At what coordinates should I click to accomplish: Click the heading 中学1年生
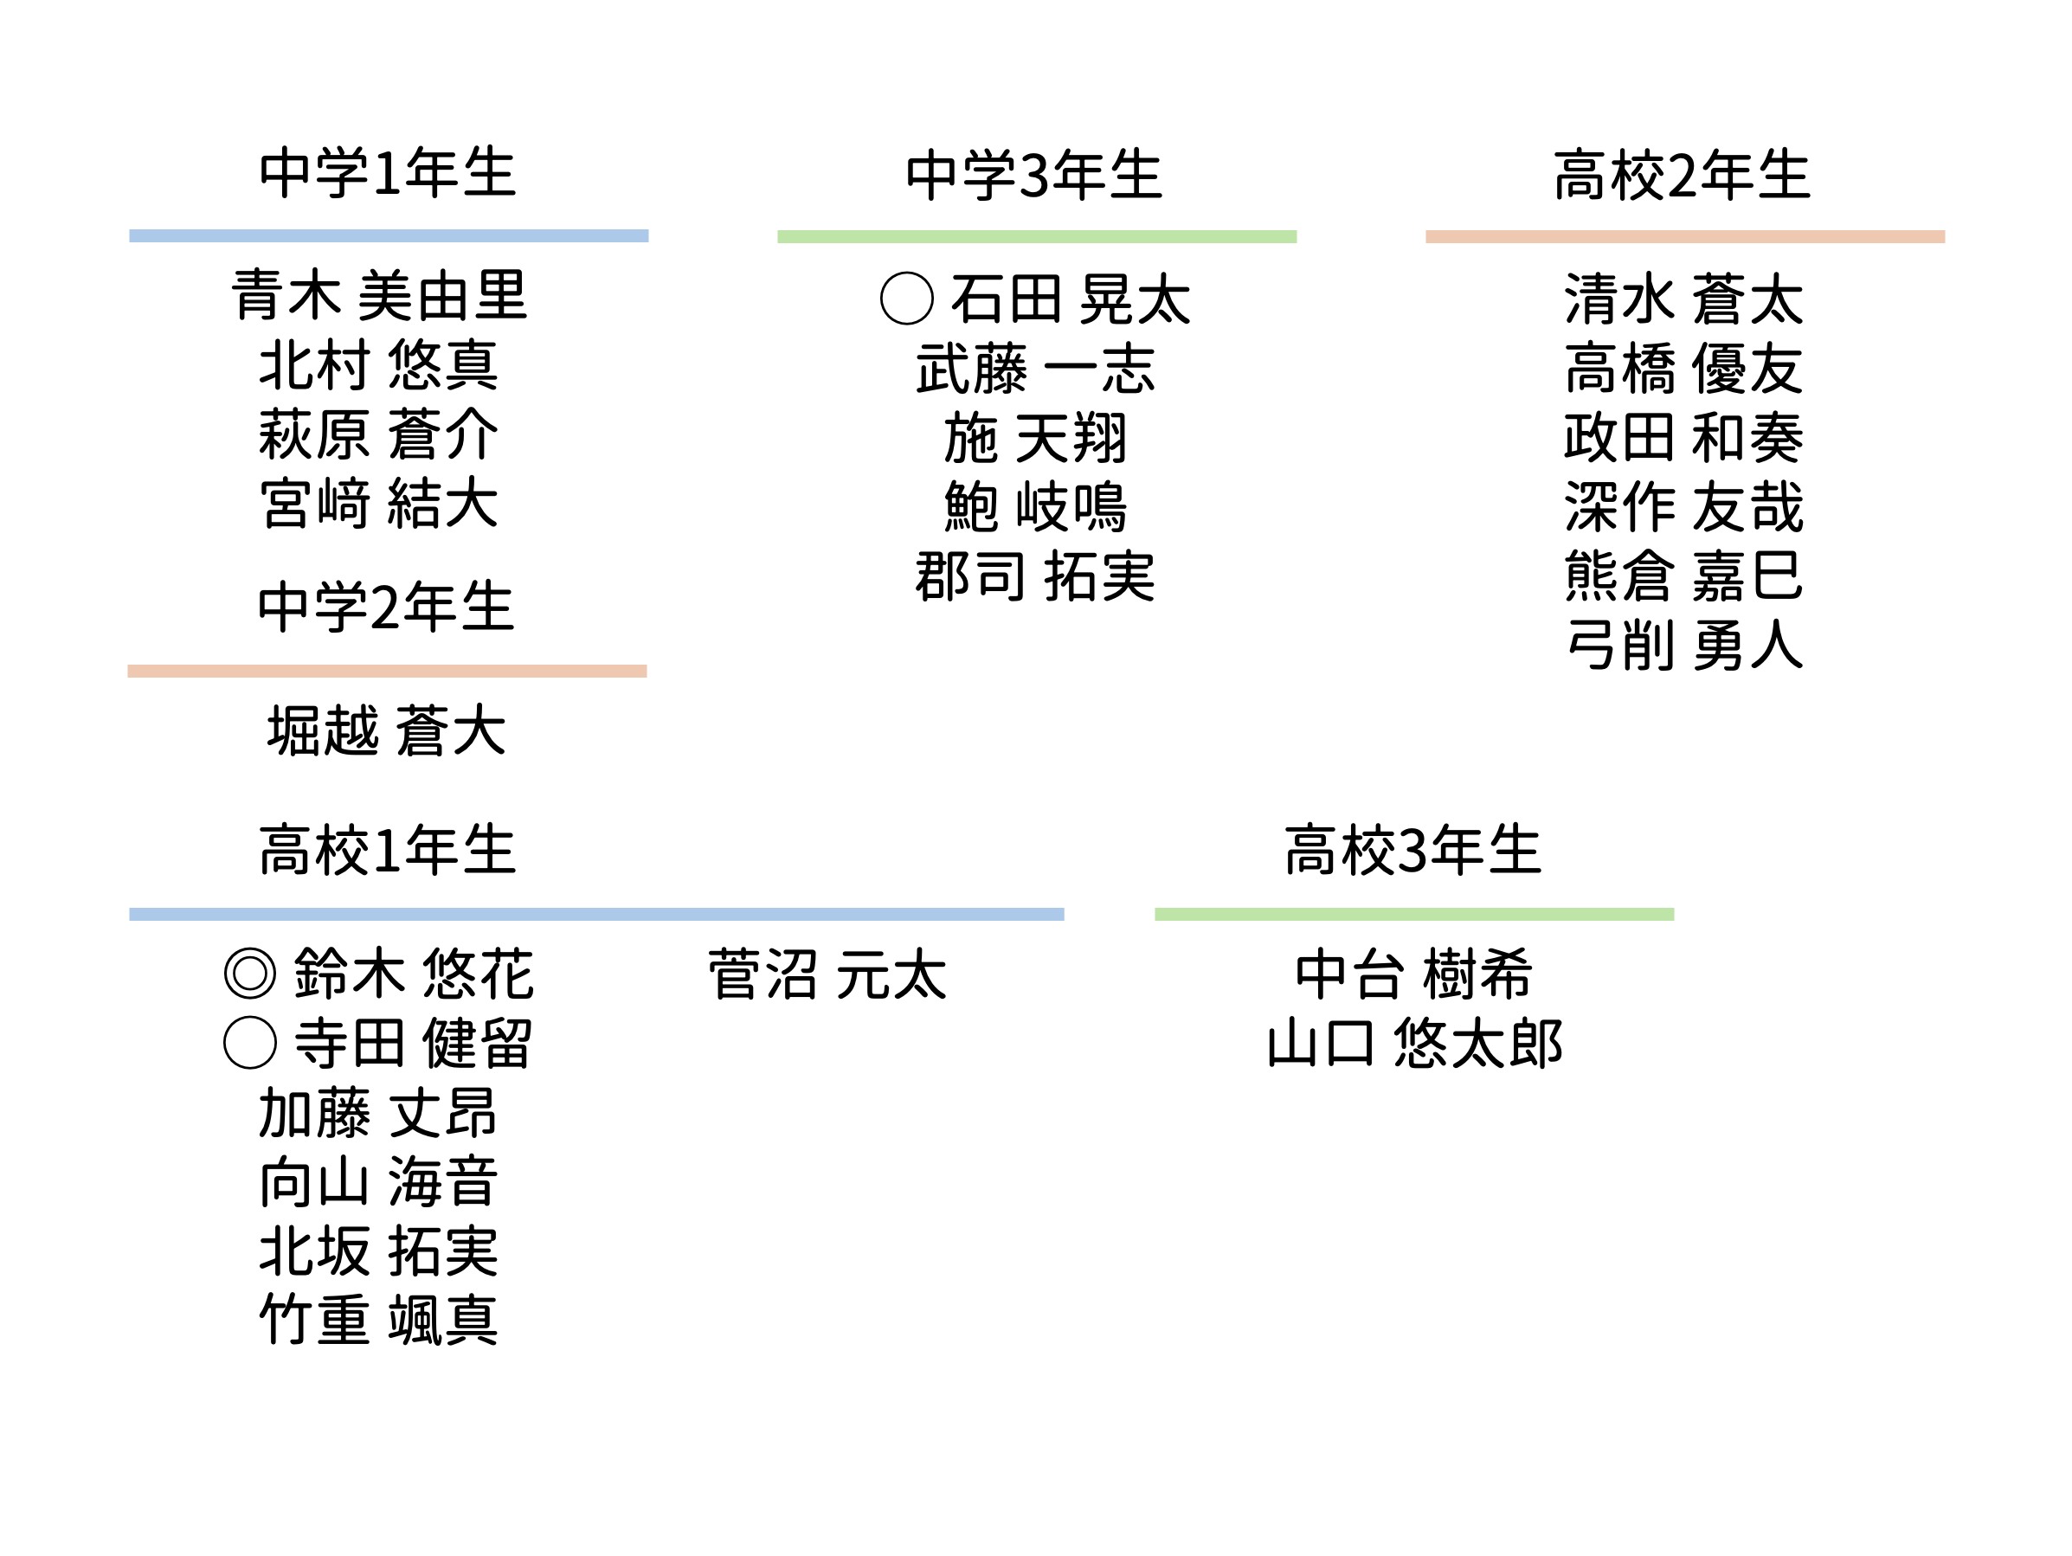click(x=388, y=173)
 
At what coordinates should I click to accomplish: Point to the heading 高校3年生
click(x=1412, y=851)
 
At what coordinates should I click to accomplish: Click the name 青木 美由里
click(x=379, y=295)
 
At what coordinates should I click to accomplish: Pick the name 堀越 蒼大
click(x=387, y=730)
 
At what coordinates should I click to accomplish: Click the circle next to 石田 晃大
click(x=907, y=299)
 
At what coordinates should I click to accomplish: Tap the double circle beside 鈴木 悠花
click(x=250, y=974)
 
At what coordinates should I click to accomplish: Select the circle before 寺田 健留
click(x=250, y=1043)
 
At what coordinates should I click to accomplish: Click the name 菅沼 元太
click(x=827, y=974)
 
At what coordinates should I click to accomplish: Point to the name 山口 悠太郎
click(x=1414, y=1043)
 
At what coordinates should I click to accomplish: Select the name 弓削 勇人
click(x=1684, y=646)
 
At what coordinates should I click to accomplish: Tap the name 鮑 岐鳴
click(x=1035, y=507)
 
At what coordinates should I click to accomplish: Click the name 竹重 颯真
click(x=379, y=1320)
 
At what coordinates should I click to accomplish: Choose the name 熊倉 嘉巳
click(x=1684, y=576)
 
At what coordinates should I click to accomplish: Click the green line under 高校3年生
click(x=1414, y=915)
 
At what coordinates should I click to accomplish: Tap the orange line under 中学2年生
click(x=387, y=671)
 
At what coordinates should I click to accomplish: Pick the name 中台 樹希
click(x=1414, y=974)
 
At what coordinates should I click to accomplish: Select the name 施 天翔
click(x=1035, y=438)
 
